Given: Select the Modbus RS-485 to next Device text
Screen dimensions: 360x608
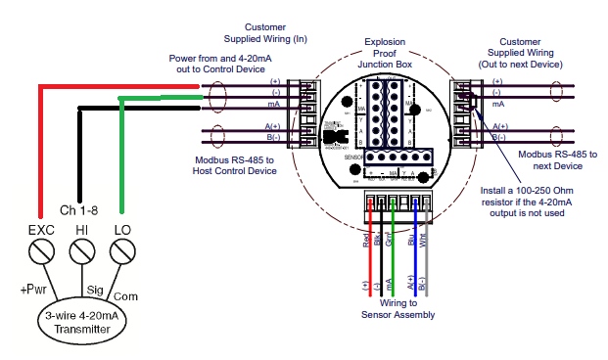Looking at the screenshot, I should tap(554, 159).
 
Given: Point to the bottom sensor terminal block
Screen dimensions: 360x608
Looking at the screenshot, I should tap(394, 202).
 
